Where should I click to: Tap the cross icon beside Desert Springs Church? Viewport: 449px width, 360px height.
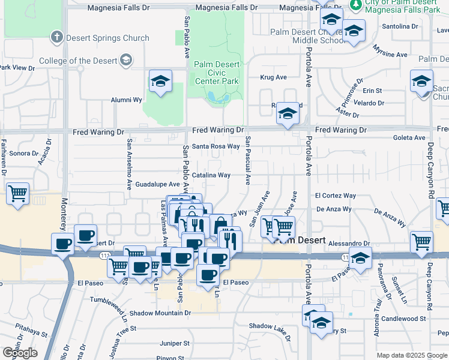57,38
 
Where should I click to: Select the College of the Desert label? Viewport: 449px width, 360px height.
79,61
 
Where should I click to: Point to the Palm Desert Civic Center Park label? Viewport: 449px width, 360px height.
216,73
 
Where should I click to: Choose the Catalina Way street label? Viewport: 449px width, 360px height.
211,175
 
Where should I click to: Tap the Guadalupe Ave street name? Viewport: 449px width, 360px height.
157,184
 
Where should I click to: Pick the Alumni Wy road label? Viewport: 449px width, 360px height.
125,100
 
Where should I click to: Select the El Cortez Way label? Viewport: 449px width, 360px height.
336,196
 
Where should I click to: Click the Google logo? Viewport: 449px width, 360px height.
19,353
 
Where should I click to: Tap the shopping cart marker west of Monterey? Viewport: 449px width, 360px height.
18,194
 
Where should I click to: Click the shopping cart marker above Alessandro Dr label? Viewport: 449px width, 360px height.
421,242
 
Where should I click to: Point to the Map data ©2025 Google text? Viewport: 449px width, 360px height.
411,355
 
